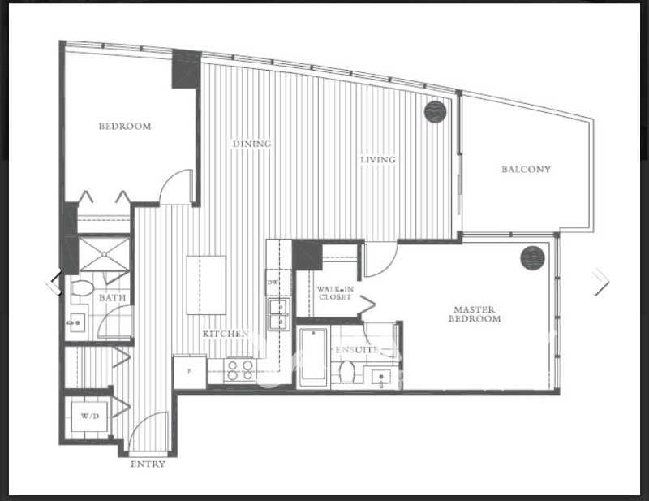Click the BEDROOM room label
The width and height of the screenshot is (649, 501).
(x=125, y=127)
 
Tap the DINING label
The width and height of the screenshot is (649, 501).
(x=251, y=144)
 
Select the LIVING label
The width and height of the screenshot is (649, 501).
(x=378, y=159)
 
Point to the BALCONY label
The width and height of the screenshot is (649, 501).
(x=526, y=169)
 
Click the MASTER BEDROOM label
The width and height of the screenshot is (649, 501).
(x=475, y=314)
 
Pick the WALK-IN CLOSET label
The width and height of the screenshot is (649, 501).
(x=335, y=293)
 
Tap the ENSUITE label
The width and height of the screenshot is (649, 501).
(x=357, y=350)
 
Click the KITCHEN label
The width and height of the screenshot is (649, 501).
(x=226, y=334)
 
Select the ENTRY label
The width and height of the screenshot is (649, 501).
(x=148, y=464)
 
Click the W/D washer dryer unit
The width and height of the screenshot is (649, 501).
(x=90, y=417)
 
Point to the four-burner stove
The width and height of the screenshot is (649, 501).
(x=240, y=370)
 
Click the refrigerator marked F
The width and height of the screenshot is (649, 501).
(x=190, y=372)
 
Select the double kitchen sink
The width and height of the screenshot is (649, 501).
(x=278, y=314)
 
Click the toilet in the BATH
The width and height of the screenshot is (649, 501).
(x=83, y=288)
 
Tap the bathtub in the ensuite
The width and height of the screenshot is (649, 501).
(x=313, y=357)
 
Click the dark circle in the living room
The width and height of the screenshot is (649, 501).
(x=436, y=112)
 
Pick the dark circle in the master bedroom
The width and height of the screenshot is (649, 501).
(x=533, y=257)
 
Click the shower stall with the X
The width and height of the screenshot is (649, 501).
(x=104, y=254)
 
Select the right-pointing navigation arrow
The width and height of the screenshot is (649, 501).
(x=600, y=282)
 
